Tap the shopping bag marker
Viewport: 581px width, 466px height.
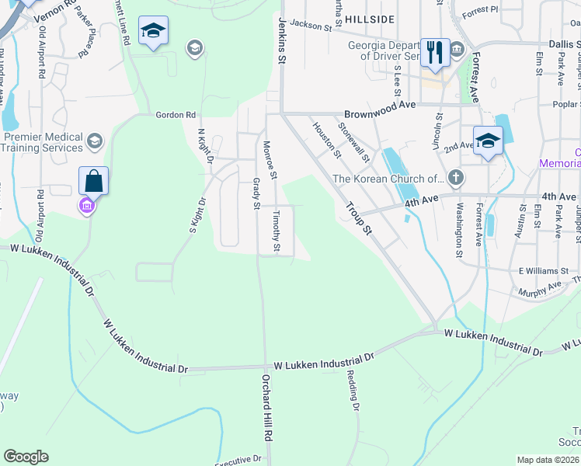pyautogui.click(x=93, y=181)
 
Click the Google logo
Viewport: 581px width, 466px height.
pyautogui.click(x=26, y=457)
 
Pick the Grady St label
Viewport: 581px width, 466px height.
pyautogui.click(x=256, y=193)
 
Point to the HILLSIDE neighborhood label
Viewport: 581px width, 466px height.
pyautogui.click(x=371, y=18)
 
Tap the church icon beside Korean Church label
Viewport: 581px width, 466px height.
pyautogui.click(x=456, y=179)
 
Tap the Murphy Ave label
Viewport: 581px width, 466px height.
pyautogui.click(x=544, y=287)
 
